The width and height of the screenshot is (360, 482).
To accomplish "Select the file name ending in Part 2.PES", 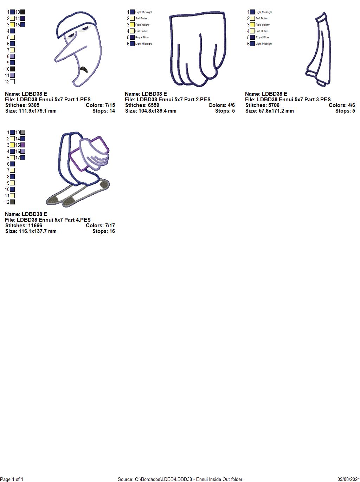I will tap(167, 100).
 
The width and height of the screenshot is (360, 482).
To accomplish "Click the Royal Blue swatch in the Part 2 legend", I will tap(132, 37).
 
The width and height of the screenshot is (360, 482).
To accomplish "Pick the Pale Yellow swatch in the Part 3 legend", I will tap(252, 25).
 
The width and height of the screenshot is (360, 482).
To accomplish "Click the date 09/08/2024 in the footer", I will tap(348, 479).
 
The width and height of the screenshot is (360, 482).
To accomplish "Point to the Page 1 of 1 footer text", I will tap(12, 479).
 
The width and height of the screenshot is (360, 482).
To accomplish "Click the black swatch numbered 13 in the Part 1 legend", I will tap(22, 12).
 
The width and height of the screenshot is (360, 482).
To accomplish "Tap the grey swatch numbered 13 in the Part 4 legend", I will tap(22, 132).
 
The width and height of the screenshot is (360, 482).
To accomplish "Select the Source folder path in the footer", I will tap(180, 479).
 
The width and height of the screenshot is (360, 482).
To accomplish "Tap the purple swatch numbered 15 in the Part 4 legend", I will tap(22, 145).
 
